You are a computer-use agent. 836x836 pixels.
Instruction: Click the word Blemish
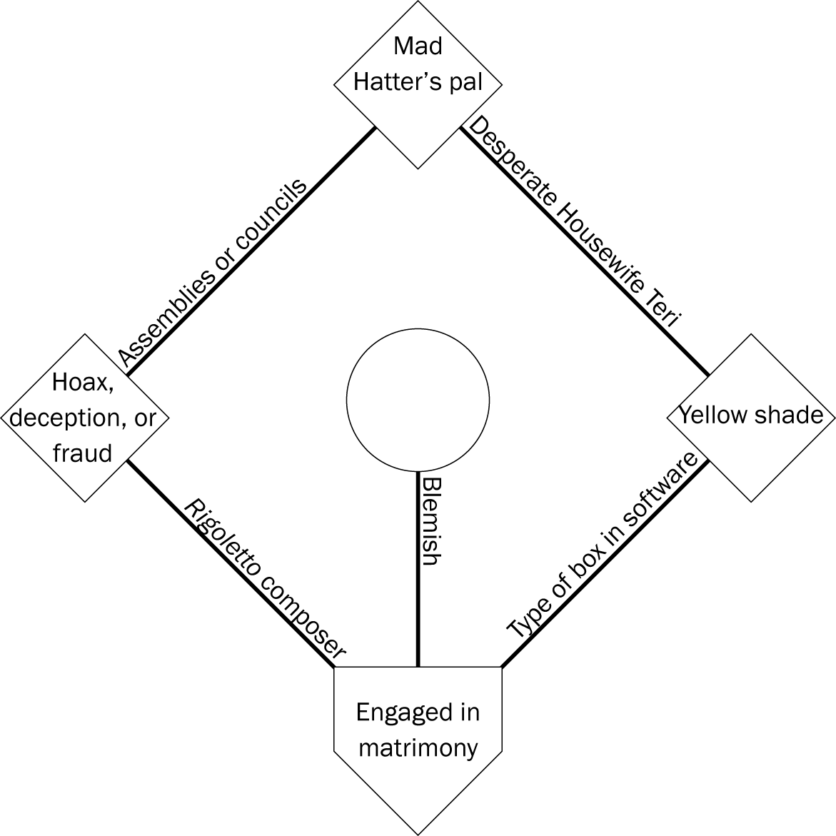pyautogui.click(x=430, y=522)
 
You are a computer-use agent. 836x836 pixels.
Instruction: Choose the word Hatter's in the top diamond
pyautogui.click(x=389, y=82)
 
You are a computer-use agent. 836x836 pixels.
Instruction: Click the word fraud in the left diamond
pyautogui.click(x=83, y=453)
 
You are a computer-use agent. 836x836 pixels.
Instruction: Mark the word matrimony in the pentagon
pyautogui.click(x=418, y=747)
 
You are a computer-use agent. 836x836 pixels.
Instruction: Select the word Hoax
pyautogui.click(x=84, y=383)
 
